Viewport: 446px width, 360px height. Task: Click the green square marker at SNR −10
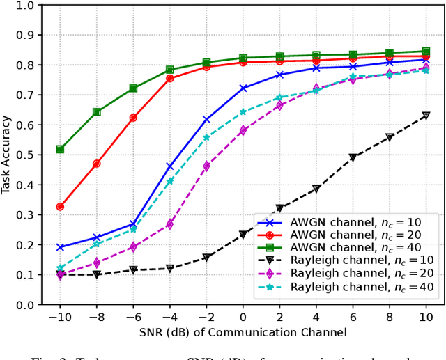coord(60,149)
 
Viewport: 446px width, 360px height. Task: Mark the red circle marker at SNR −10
coord(60,207)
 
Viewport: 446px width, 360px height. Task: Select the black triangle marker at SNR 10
coord(426,116)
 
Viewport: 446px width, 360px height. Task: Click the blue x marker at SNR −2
coord(206,120)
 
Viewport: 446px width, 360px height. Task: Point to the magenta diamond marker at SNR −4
coord(170,224)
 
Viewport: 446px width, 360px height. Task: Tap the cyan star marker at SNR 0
coord(243,112)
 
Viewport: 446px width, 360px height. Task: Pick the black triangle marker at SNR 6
coord(353,157)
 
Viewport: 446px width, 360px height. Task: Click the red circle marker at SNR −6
coord(133,118)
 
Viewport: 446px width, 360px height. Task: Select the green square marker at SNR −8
coord(97,112)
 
